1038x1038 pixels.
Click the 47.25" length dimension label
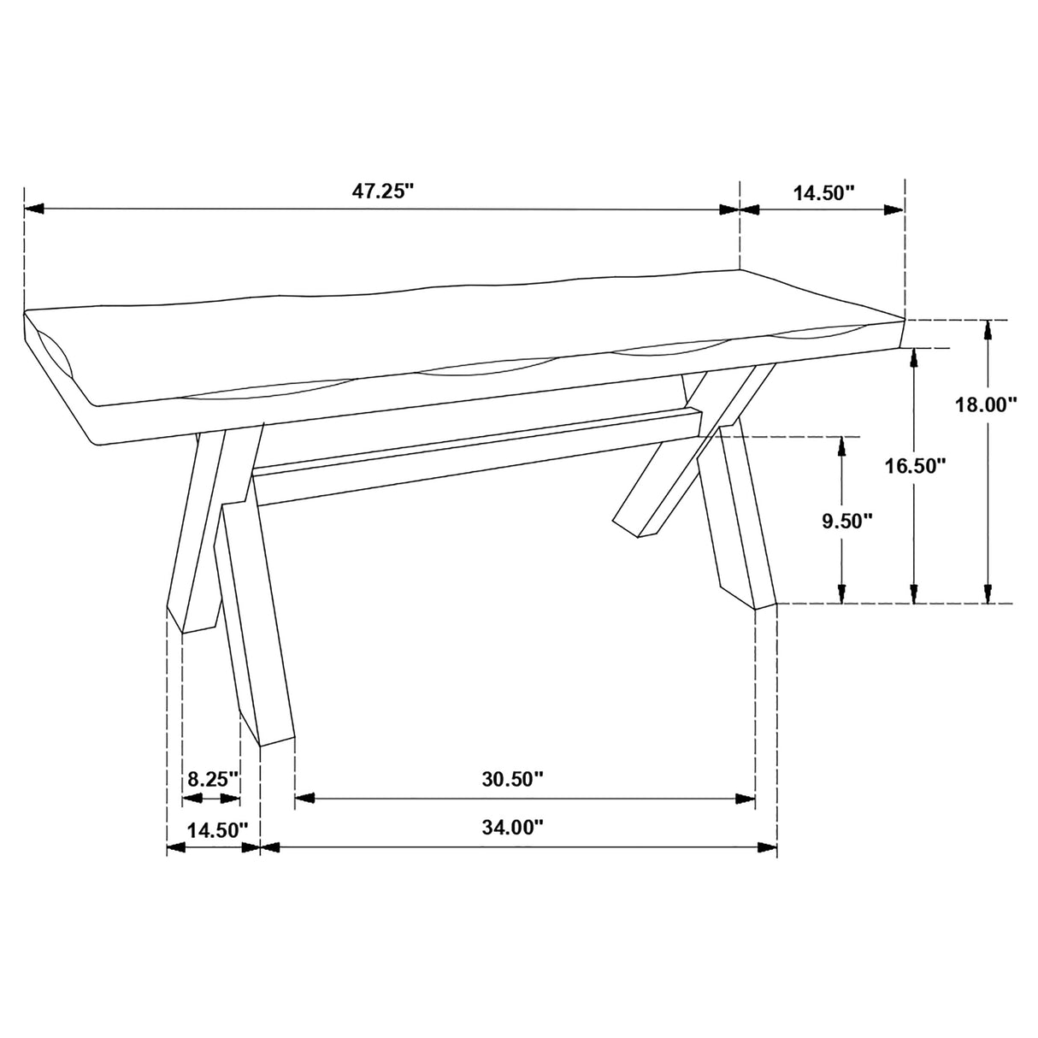coord(382,191)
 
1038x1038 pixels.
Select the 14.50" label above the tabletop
coord(823,192)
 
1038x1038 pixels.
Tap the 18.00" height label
coord(986,404)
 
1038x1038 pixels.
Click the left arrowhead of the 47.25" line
coord(34,209)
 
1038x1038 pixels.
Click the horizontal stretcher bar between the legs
coord(479,466)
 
